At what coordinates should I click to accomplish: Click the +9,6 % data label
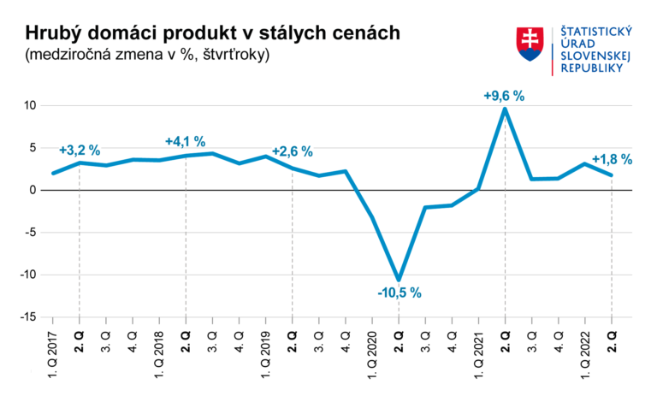pos(504,95)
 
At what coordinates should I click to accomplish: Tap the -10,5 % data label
pos(400,293)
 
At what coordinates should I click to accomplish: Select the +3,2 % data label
pos(79,151)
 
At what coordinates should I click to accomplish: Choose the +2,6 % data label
pos(293,151)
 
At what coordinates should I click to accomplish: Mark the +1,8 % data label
pos(612,159)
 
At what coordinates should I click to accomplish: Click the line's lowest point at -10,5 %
pos(399,279)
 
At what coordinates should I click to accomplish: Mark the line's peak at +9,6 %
pos(505,109)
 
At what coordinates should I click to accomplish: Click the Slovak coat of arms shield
pos(530,43)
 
